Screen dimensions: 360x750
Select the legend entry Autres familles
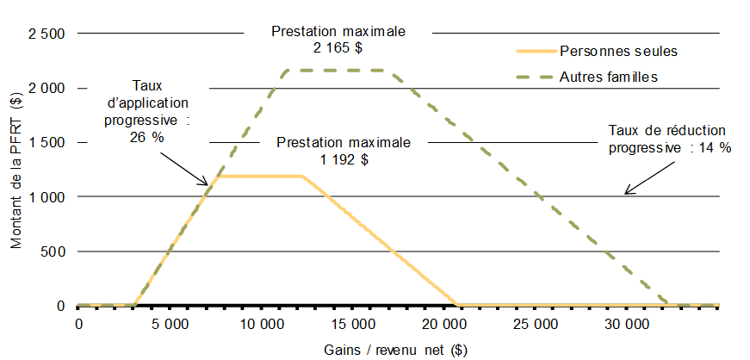(x=609, y=77)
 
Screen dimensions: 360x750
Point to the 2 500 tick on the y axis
(x=46, y=34)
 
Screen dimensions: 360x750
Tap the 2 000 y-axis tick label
(x=46, y=88)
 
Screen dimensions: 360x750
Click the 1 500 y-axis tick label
(x=46, y=142)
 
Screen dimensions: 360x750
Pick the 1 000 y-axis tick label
(x=46, y=196)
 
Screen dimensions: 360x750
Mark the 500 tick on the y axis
(x=53, y=251)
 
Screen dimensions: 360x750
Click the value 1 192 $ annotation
(x=344, y=158)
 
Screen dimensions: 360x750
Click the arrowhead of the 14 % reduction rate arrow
(x=626, y=192)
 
